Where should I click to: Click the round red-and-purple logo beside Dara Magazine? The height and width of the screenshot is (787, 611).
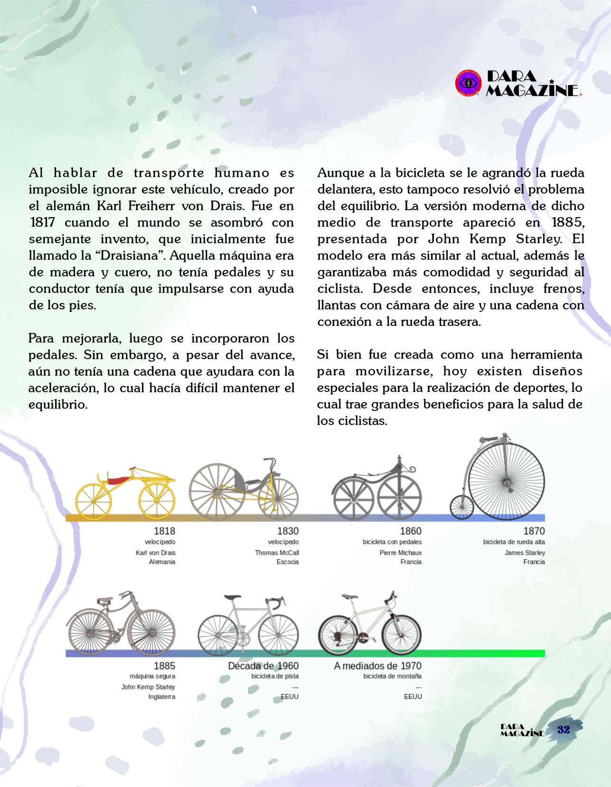pos(469,83)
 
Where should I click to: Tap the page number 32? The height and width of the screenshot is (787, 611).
pos(563,730)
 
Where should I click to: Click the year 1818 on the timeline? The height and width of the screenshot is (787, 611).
pos(164,531)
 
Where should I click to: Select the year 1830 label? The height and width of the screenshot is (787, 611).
pos(288,531)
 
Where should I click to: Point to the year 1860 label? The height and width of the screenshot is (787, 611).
pos(411,531)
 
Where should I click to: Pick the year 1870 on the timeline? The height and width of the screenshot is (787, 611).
pos(534,531)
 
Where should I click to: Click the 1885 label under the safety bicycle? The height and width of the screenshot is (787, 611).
pos(164,666)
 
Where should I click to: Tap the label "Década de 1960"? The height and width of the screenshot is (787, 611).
pos(263,666)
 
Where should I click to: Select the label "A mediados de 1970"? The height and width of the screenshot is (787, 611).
pos(377,666)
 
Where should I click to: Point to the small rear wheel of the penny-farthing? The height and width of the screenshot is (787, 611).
pos(461,507)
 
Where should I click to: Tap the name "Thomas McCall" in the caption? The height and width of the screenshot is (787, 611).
pos(277,553)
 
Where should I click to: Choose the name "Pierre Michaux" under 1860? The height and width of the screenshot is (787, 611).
pos(400,553)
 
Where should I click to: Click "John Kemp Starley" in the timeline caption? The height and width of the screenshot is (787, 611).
pos(148,687)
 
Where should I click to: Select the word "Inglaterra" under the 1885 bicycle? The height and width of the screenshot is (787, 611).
pos(161,697)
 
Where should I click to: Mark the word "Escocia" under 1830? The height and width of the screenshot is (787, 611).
pos(288,562)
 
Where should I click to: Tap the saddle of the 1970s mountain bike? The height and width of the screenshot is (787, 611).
pos(349,597)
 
